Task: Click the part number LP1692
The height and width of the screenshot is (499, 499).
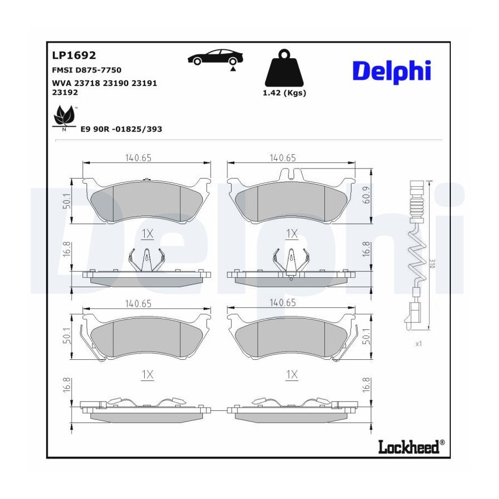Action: (x=74, y=55)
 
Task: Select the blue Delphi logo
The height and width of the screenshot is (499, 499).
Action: (x=392, y=71)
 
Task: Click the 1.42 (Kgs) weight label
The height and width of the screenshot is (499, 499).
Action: (x=284, y=93)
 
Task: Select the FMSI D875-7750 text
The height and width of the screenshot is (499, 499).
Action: (x=86, y=70)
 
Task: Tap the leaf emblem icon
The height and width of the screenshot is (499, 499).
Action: (x=65, y=116)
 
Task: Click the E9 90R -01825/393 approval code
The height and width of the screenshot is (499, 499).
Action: (x=121, y=129)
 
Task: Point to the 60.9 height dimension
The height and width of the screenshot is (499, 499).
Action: (x=366, y=195)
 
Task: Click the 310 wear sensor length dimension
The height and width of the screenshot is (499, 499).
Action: (x=432, y=263)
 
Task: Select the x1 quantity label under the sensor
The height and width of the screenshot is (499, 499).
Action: (x=419, y=344)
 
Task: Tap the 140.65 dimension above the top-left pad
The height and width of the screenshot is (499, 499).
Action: (x=138, y=158)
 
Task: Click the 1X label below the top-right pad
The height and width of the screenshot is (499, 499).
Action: (x=292, y=234)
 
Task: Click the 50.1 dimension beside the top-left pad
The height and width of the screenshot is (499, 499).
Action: (x=67, y=201)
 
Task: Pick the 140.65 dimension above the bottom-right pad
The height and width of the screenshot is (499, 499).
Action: (x=283, y=303)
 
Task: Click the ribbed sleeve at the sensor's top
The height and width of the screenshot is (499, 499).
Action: (x=417, y=203)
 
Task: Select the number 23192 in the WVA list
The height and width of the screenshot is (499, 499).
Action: (x=65, y=93)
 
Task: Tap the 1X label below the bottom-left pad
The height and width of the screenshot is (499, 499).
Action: (x=147, y=375)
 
